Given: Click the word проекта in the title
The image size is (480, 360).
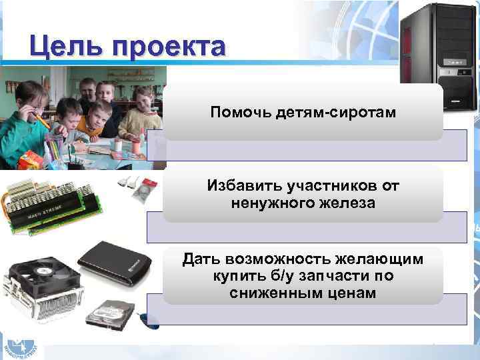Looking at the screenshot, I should [169, 49].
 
